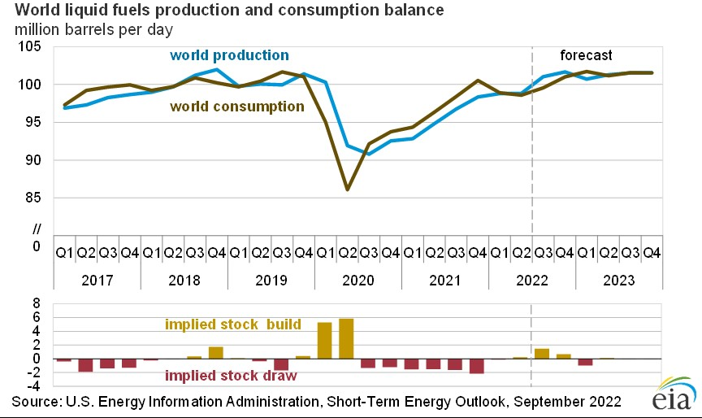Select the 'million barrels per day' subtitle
(96, 29)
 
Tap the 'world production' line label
(228, 55)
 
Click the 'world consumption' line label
(236, 106)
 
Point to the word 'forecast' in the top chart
(586, 55)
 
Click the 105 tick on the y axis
(32, 47)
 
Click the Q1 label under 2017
(64, 253)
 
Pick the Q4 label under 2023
(651, 253)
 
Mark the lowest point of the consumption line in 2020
(347, 189)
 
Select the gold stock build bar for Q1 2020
(324, 340)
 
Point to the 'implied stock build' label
(232, 324)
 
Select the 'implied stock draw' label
(232, 376)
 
